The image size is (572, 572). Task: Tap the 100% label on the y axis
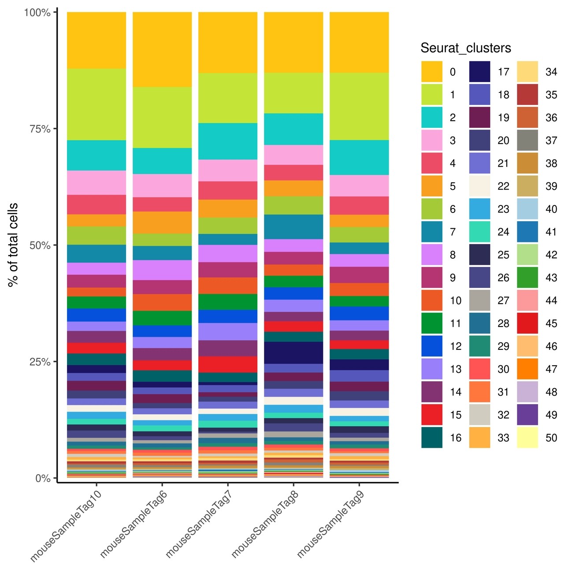(x=37, y=12)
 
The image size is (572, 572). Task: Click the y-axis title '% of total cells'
(x=13, y=245)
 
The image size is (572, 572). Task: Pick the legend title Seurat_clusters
(x=465, y=48)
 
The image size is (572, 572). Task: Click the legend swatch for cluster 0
(x=431, y=72)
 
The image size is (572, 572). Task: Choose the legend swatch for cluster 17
(x=479, y=72)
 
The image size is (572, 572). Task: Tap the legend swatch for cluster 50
(x=527, y=438)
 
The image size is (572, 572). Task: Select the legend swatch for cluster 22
(x=479, y=186)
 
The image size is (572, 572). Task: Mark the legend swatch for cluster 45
(x=527, y=323)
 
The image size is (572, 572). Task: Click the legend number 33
(x=503, y=438)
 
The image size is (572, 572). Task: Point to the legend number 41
(x=551, y=232)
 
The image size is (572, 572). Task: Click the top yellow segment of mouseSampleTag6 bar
(x=162, y=49)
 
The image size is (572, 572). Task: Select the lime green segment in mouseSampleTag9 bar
(x=359, y=106)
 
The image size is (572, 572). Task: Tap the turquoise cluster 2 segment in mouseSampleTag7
(x=228, y=141)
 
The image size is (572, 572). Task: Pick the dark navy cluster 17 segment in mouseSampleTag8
(x=293, y=353)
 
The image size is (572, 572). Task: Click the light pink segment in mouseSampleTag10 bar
(x=97, y=182)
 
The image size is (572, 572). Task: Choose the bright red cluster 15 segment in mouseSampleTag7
(x=228, y=364)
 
